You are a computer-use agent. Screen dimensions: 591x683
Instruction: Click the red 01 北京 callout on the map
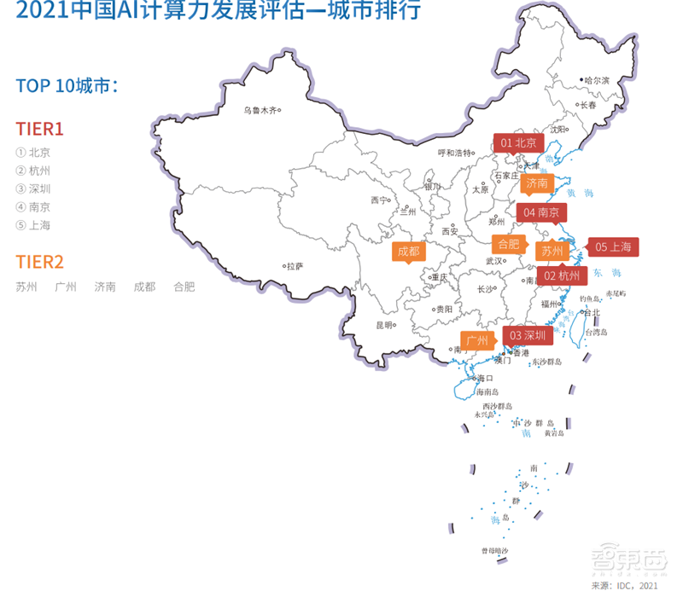pos(518,142)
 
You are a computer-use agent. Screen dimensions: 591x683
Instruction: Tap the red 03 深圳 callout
pos(528,335)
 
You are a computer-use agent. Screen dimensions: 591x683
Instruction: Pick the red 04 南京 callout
pos(541,211)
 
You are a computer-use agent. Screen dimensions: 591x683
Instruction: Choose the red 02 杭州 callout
pos(562,275)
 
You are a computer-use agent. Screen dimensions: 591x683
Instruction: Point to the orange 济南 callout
pos(536,183)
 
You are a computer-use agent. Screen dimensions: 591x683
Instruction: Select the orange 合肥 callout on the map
pos(508,243)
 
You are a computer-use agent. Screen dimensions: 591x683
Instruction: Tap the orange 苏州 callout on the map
pos(552,251)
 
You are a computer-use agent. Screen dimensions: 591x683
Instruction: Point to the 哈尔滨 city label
pos(597,80)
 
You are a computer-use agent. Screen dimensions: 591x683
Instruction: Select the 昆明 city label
pos(385,325)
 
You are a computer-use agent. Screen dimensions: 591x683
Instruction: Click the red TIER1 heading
pos(40,129)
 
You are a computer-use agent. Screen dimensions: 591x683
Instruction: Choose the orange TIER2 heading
pos(40,262)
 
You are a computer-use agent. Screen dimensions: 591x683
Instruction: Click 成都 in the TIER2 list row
pos(144,287)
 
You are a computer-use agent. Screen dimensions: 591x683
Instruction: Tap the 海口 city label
pos(485,378)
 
